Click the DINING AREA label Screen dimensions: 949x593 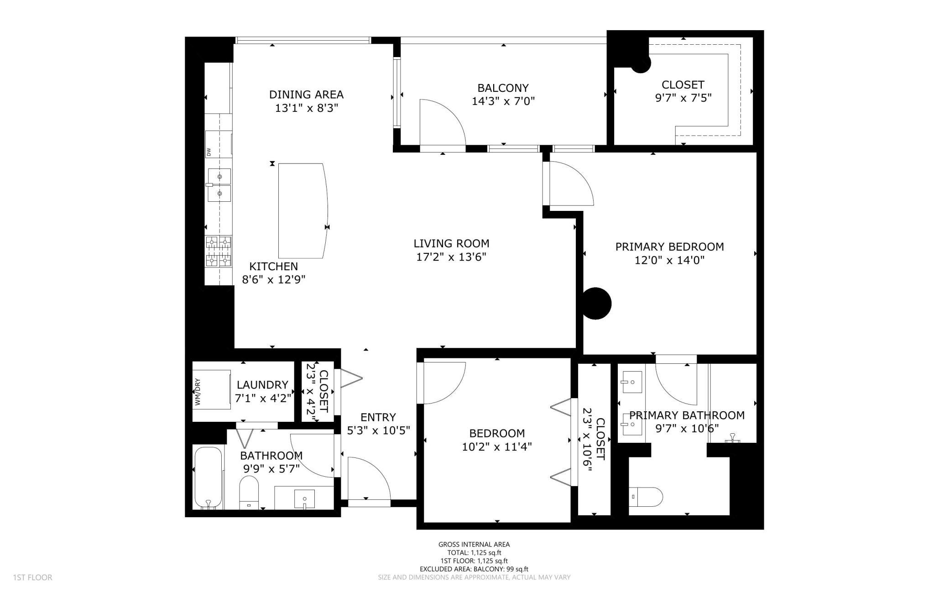pyautogui.click(x=306, y=94)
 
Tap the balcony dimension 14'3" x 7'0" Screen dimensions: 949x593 pyautogui.click(x=503, y=101)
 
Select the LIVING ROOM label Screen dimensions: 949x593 pyautogui.click(x=451, y=243)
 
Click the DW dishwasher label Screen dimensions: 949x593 pyautogui.click(x=209, y=152)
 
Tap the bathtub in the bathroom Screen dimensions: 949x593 pyautogui.click(x=209, y=478)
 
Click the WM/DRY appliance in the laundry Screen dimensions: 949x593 pyautogui.click(x=211, y=389)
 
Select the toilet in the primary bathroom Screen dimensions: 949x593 pyautogui.click(x=646, y=497)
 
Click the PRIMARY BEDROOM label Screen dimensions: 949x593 pyautogui.click(x=669, y=247)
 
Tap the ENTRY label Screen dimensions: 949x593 pyautogui.click(x=378, y=417)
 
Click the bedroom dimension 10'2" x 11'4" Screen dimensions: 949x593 pyautogui.click(x=497, y=446)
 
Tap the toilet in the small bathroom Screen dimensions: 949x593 pyautogui.click(x=249, y=493)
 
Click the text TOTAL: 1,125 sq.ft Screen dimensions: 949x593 pyautogui.click(x=474, y=552)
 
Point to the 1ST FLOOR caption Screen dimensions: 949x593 pyautogui.click(x=33, y=577)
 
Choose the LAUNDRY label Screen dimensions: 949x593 pyautogui.click(x=262, y=385)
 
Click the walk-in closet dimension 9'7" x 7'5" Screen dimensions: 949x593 pyautogui.click(x=683, y=98)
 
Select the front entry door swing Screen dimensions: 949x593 pyautogui.click(x=369, y=479)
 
